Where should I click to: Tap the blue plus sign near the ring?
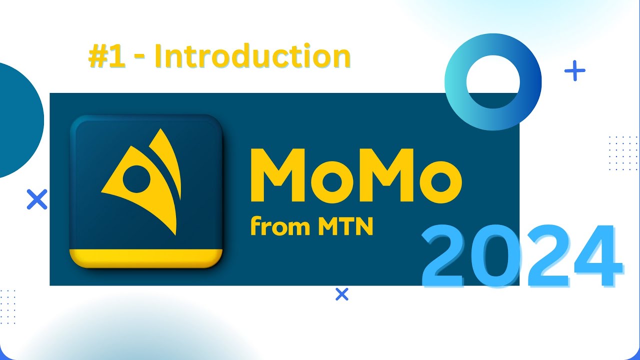pos(574,71)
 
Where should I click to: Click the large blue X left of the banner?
pos(36,199)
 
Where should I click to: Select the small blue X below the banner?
pos(341,294)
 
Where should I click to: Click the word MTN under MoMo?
pos(345,227)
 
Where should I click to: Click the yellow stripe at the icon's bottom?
pos(145,257)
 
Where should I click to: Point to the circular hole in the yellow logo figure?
pos(135,176)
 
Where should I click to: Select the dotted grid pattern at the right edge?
pos(622,153)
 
